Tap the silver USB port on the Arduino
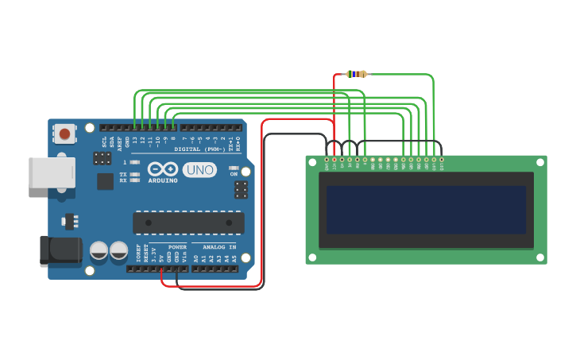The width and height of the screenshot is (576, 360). tap(52, 172)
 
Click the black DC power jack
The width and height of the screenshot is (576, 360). tap(60, 250)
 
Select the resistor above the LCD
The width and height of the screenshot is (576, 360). tap(357, 74)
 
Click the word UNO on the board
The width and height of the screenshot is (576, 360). tap(199, 169)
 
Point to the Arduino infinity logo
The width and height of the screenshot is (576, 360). tap(163, 169)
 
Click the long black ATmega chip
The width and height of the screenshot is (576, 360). tap(188, 223)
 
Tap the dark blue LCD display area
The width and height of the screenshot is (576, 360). tap(426, 210)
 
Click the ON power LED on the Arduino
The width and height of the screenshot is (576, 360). tap(234, 168)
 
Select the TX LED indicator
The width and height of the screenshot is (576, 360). tap(134, 174)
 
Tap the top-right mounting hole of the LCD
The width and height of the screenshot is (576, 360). tap(540, 161)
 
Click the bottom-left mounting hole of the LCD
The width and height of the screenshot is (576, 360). tap(312, 257)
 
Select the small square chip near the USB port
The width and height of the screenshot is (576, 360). tap(106, 181)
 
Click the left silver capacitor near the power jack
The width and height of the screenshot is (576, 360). tap(99, 250)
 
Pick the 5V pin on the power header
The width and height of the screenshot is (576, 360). tap(161, 269)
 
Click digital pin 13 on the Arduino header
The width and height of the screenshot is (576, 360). tap(135, 127)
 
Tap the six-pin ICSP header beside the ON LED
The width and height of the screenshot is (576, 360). tap(241, 190)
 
